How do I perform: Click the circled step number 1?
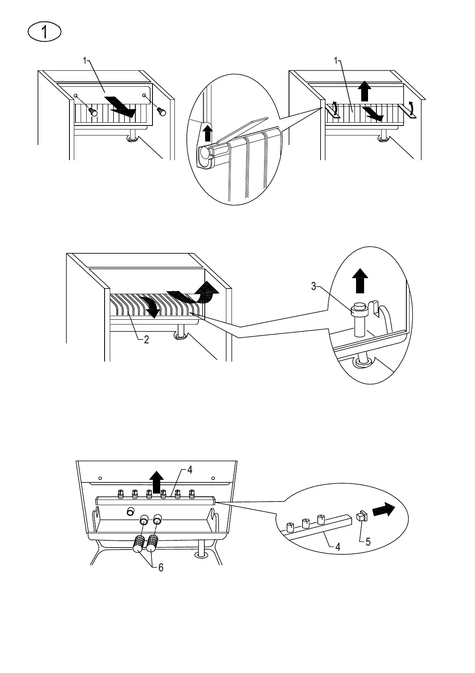click(45, 32)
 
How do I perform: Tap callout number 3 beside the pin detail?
click(314, 286)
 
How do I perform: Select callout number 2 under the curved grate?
click(146, 340)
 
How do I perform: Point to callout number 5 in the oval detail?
click(368, 542)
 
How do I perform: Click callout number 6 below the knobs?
click(161, 567)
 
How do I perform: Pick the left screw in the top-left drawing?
click(93, 112)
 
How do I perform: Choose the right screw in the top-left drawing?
click(161, 111)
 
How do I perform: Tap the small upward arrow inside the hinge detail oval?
click(207, 133)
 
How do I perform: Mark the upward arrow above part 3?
click(361, 279)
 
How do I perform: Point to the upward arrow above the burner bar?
click(156, 481)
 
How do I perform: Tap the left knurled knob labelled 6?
click(139, 544)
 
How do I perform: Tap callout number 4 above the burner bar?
click(190, 470)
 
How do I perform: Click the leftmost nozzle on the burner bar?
click(121, 494)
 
